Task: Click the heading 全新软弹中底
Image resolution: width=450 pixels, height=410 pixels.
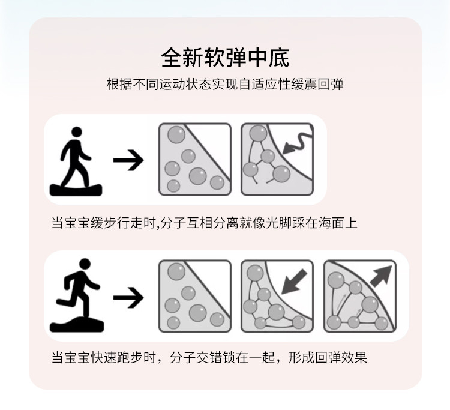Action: coord(225,58)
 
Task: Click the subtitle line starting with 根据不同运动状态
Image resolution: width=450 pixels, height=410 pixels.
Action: coord(225,85)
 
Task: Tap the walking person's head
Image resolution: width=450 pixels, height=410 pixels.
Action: coord(77,132)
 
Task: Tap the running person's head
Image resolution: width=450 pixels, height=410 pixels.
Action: coord(85,264)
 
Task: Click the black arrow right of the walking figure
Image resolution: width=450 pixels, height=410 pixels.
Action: coord(128,160)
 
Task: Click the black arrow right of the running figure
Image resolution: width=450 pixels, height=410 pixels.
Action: coord(128,297)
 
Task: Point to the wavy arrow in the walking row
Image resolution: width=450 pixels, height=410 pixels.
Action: coord(297,143)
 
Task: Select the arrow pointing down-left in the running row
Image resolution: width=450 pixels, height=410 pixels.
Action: coord(294,282)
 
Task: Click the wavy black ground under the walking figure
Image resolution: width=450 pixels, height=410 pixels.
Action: coord(76,190)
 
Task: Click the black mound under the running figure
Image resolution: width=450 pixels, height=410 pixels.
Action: coord(77,325)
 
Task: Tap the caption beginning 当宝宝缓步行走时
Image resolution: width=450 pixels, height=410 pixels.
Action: coord(205,223)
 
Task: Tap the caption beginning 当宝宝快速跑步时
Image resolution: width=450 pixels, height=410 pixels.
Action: coord(209,358)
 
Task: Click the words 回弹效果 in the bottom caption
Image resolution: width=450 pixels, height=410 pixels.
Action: coord(341,358)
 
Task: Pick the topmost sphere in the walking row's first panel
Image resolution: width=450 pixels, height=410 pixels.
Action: coord(176,134)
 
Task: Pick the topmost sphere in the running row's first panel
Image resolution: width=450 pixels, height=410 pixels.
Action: coord(176,271)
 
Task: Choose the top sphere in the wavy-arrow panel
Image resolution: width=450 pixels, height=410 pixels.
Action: coord(258,133)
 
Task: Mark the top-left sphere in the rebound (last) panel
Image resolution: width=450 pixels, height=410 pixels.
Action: coord(336,280)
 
